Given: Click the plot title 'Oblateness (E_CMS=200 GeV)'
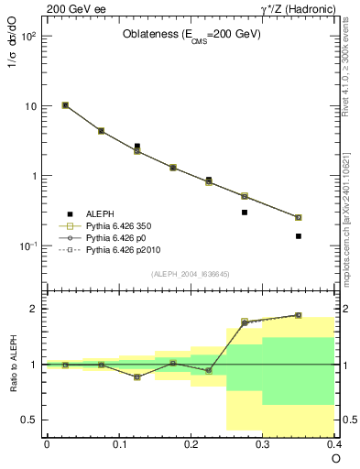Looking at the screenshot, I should pos(192,35).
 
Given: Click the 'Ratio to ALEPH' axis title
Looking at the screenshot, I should pos(13,364).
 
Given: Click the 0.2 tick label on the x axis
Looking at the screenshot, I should pos(191,443).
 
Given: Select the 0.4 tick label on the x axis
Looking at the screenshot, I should pos(334,443).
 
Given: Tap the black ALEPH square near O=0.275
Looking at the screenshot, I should pos(245,213).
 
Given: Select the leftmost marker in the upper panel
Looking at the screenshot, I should pos(65,105).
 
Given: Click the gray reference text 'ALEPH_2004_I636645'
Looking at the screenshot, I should pos(190,274).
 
